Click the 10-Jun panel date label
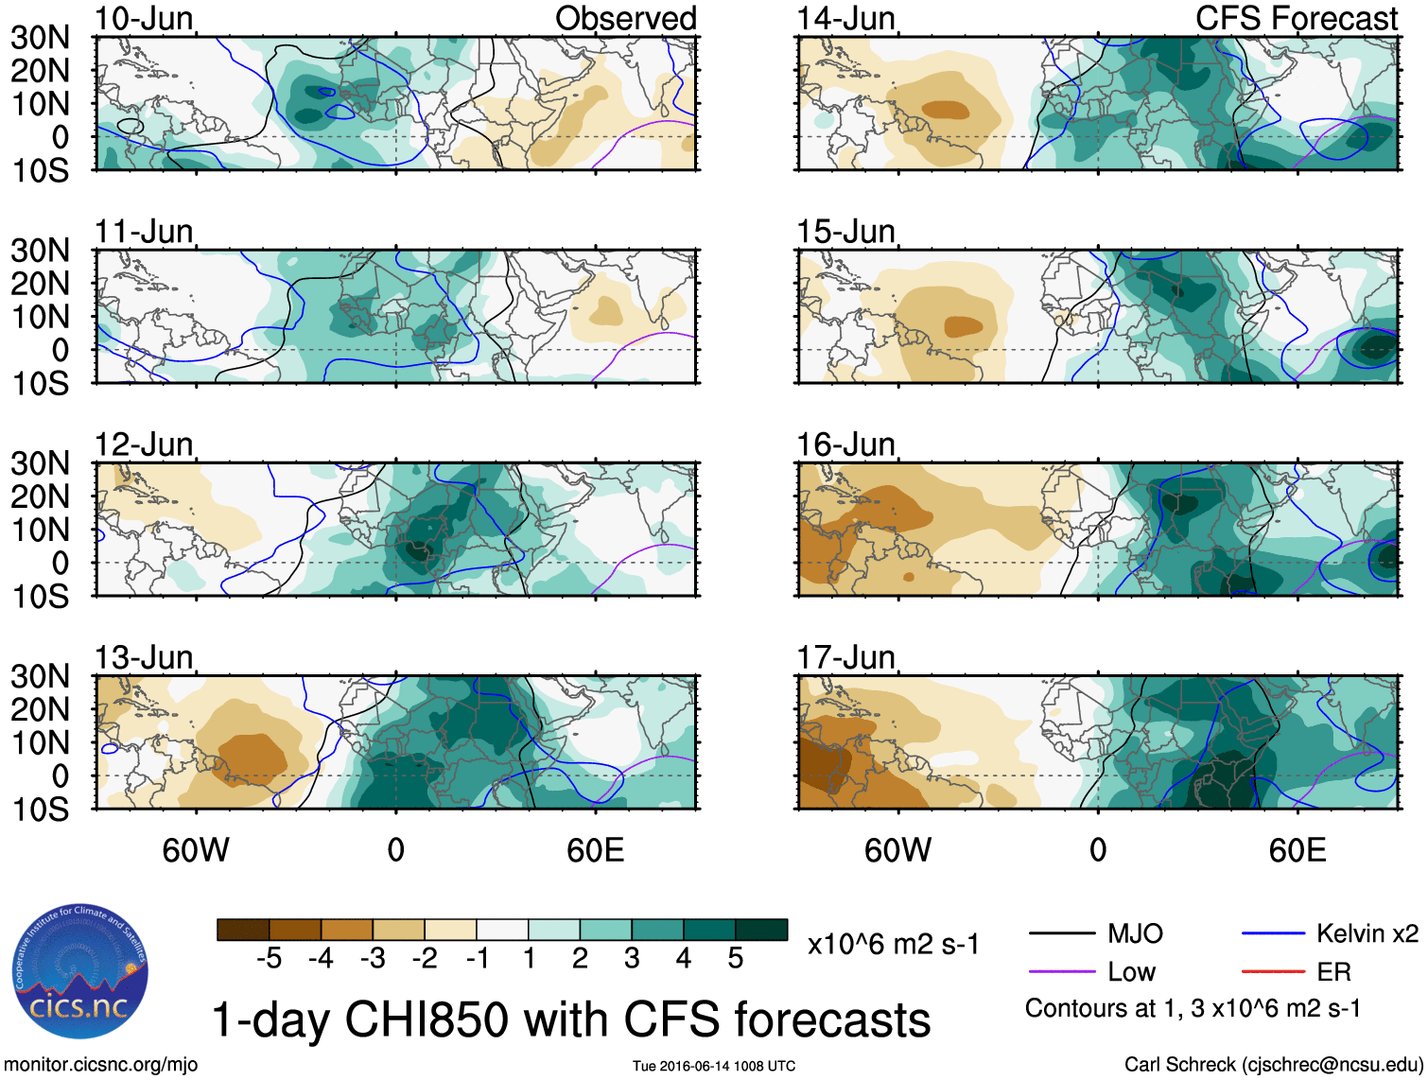[x=144, y=18]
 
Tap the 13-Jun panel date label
[x=144, y=656]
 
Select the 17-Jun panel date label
[x=845, y=656]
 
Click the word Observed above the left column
[x=625, y=18]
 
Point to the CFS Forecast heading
[x=1296, y=18]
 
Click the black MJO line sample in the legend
[x=1061, y=934]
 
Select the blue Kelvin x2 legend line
[x=1273, y=934]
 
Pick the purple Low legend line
[x=1061, y=971]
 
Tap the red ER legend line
[x=1273, y=971]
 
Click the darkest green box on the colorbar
[x=761, y=930]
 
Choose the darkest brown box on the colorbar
[x=243, y=930]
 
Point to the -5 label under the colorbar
[x=269, y=959]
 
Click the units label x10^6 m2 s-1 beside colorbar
[x=893, y=944]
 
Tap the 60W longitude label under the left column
[x=196, y=850]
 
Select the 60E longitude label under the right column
[x=1297, y=850]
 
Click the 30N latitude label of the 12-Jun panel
[x=40, y=463]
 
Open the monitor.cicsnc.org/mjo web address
[x=101, y=1065]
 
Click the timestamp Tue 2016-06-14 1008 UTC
[x=714, y=1066]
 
